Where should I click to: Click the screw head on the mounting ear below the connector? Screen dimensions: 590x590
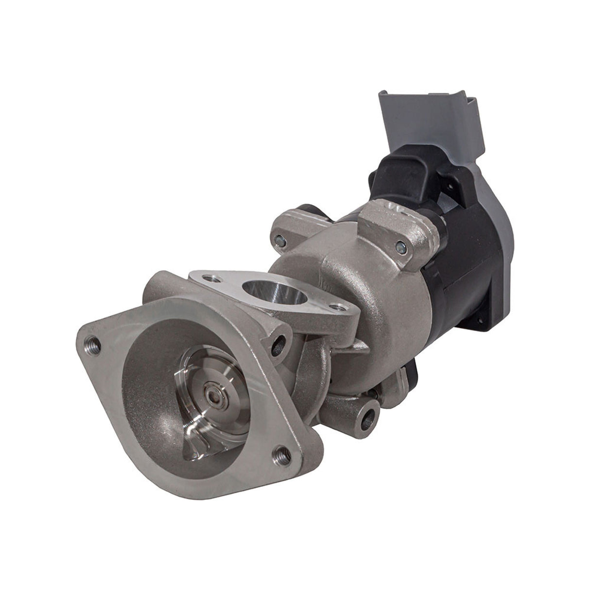coord(400,244)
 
